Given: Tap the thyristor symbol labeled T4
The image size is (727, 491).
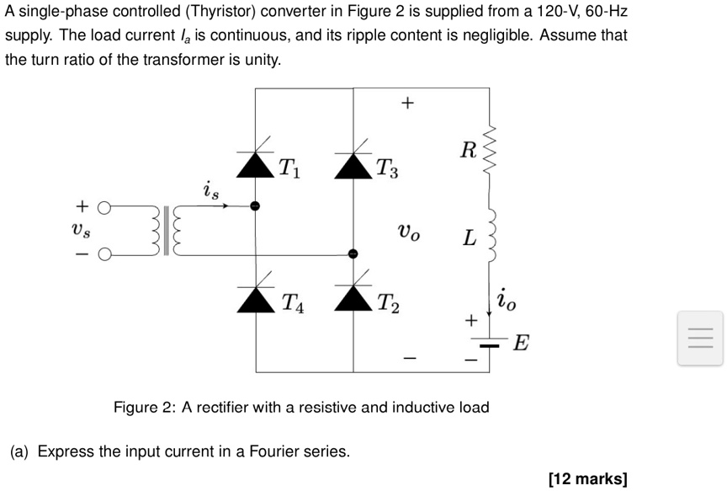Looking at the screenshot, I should tap(255, 295).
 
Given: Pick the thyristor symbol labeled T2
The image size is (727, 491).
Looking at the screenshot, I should tap(353, 295).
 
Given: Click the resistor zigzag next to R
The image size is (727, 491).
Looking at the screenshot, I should tap(490, 150).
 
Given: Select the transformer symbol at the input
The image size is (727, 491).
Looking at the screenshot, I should tap(171, 229).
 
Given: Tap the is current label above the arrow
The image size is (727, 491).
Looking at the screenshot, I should tap(210, 191).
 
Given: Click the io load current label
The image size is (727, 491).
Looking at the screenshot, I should tap(507, 299).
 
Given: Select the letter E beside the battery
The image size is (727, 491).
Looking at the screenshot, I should tap(522, 344).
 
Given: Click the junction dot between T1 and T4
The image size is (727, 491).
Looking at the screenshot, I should tap(255, 205).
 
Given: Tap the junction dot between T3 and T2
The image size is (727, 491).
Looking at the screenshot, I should tap(353, 254).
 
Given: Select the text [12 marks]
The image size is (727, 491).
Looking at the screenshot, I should tap(587, 479).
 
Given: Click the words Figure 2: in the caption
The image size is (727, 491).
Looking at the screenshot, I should tap(145, 408).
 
